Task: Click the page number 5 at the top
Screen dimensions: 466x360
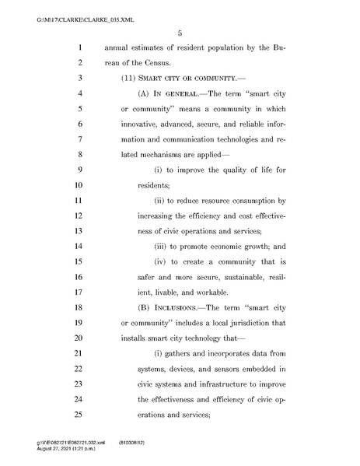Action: coord(180,33)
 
